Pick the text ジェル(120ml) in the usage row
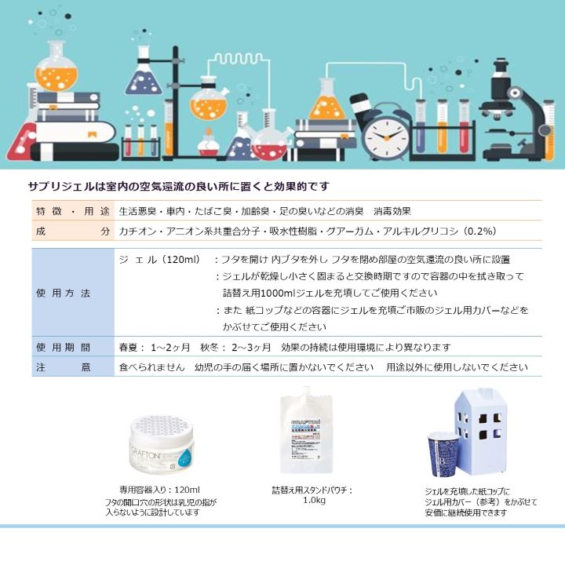coord(162,259)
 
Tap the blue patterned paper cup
coord(443,454)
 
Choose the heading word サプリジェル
coord(59,186)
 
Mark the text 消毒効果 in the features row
coord(392,211)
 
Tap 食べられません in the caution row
coord(151,366)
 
